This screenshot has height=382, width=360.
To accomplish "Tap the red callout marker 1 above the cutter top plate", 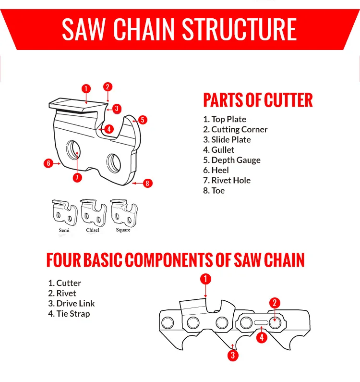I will [86, 88].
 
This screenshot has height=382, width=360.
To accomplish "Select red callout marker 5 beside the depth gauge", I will [143, 120].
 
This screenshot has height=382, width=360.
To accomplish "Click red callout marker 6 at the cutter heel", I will [48, 163].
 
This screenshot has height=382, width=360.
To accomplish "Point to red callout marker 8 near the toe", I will [148, 183].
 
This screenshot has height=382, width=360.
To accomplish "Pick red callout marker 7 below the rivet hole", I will [77, 177].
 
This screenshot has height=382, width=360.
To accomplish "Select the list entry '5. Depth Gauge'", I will [232, 160].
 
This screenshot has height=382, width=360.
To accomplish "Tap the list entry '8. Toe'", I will [214, 190].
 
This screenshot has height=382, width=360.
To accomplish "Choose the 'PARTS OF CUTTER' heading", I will [258, 100].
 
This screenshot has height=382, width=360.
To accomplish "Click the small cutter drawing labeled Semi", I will [64, 213].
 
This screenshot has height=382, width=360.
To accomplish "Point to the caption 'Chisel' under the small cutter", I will [93, 230].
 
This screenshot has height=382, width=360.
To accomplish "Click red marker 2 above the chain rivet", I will [275, 303].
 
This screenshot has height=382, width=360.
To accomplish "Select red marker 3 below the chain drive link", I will [233, 356].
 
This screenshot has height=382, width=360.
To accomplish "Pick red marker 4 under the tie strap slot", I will [261, 338].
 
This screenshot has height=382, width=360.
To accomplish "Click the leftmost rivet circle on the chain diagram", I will [168, 322].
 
